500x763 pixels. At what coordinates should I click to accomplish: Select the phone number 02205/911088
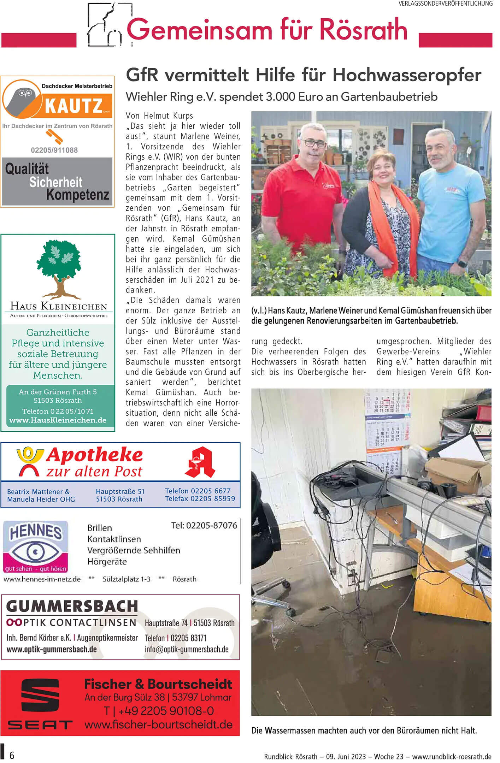pos(54,150)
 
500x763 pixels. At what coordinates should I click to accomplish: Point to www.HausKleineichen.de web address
pos(58,420)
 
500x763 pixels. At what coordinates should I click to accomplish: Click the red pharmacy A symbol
pos(200,462)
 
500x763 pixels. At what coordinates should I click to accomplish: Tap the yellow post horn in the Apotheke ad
pos(30,454)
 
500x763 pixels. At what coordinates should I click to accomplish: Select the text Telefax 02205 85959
pos(200,499)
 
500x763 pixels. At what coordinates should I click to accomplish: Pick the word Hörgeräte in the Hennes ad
pos(107,561)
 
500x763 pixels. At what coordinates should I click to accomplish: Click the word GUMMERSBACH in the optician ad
pos(72,606)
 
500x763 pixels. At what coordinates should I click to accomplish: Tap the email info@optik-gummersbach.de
pos(187,649)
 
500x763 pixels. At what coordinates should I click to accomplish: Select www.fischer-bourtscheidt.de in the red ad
pos(158,725)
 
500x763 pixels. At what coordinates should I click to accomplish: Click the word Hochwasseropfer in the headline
pos(407,75)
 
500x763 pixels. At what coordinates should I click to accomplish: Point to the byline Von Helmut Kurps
pos(159,116)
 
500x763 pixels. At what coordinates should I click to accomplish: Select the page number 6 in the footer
pos(12,756)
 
